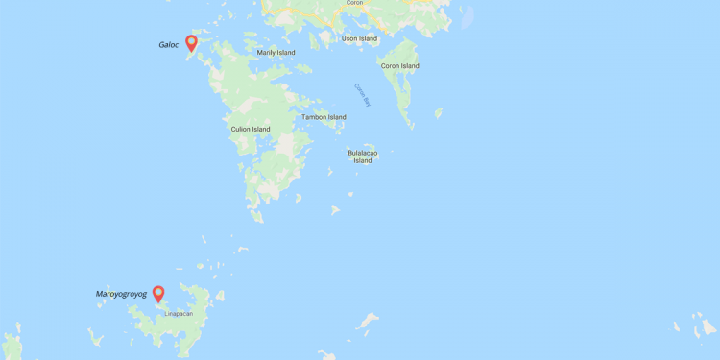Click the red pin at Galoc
coord(191,43)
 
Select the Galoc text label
coord(169,44)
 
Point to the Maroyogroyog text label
coord(121,294)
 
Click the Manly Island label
coord(276,52)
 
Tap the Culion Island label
coord(251,129)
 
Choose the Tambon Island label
coord(324,117)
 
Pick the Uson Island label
coord(359,38)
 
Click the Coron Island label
coord(399,66)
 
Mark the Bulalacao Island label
coord(362,156)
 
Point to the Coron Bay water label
coord(362,94)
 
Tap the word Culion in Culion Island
coord(241,129)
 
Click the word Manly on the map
coord(266,52)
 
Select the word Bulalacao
coord(362,152)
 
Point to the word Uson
coord(349,38)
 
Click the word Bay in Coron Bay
coord(366,100)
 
